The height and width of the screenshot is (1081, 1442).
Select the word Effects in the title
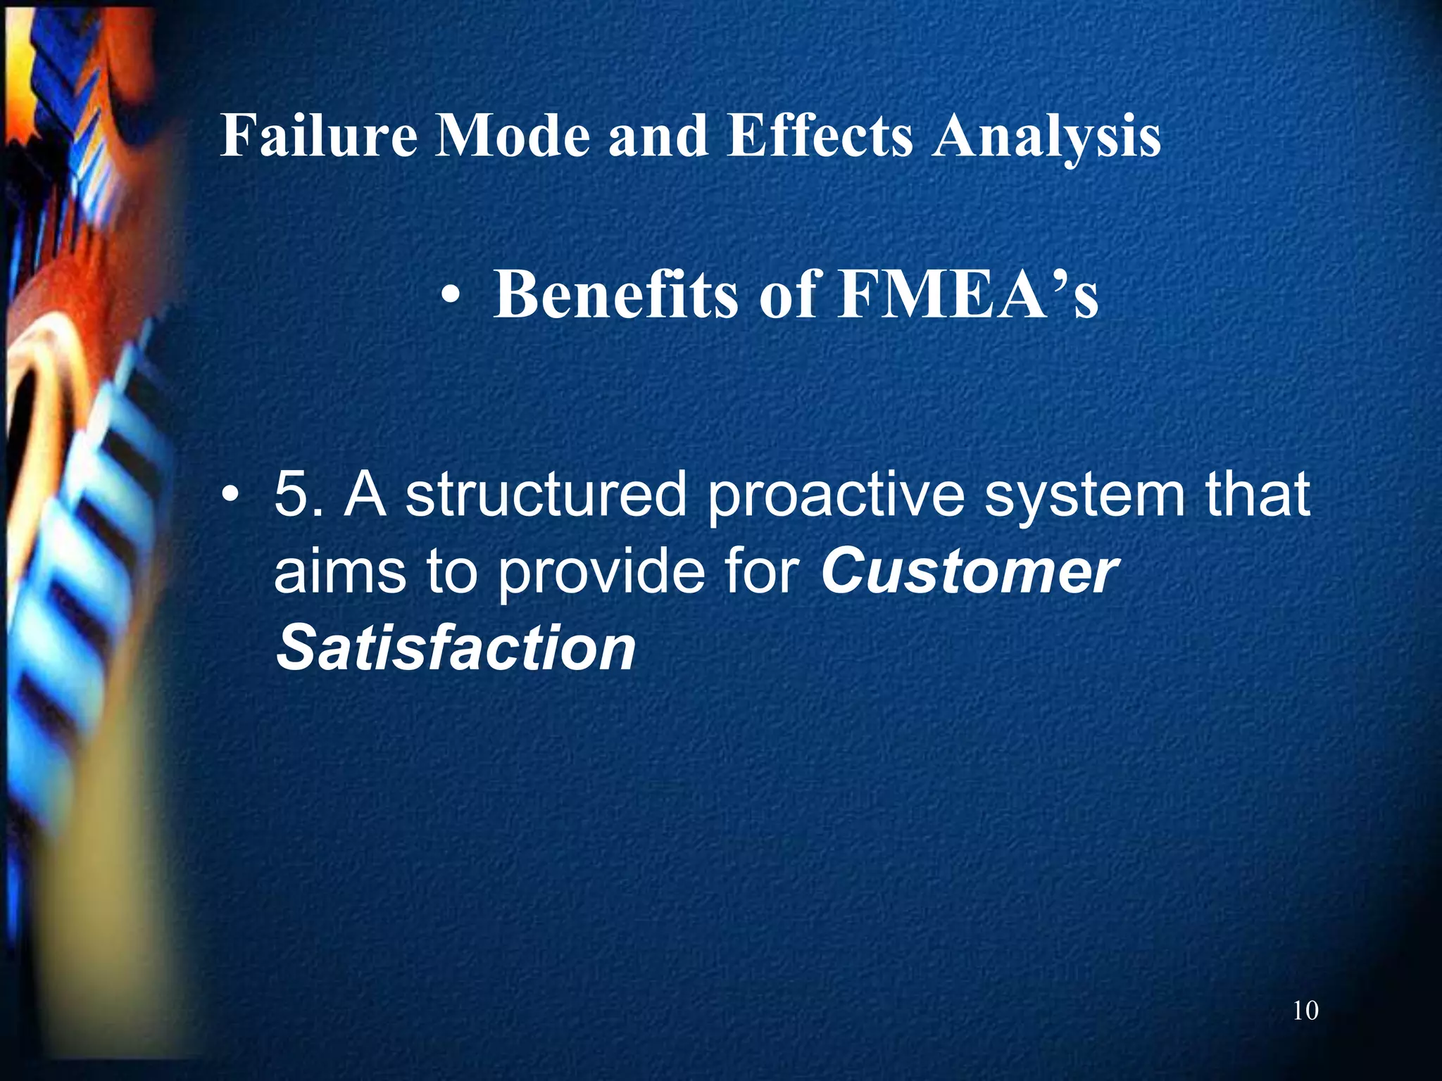(x=820, y=135)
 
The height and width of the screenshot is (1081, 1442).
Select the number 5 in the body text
(x=294, y=495)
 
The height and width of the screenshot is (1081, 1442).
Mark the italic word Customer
(x=969, y=571)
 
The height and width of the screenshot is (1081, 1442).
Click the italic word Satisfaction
(x=456, y=647)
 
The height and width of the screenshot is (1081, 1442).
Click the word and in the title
(x=658, y=135)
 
